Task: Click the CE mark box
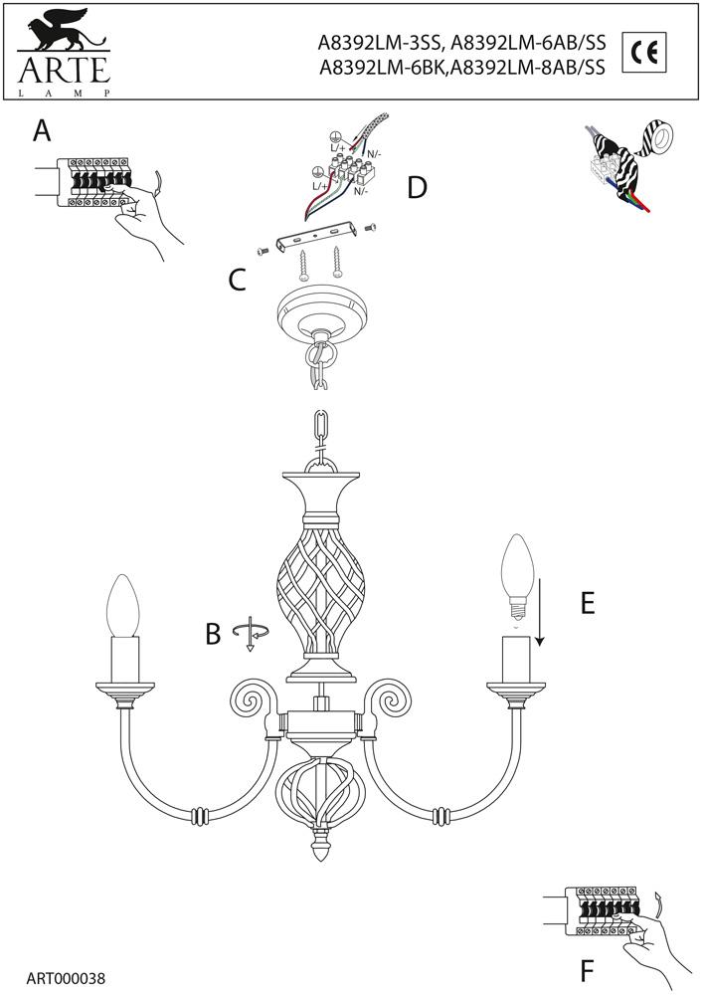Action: coord(644,52)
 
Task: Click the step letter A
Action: coord(42,130)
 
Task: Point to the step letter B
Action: coord(212,634)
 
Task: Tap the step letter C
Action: coord(237,280)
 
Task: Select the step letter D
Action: coord(417,187)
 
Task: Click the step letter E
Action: coord(587,603)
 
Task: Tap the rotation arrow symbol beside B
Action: coord(251,633)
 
